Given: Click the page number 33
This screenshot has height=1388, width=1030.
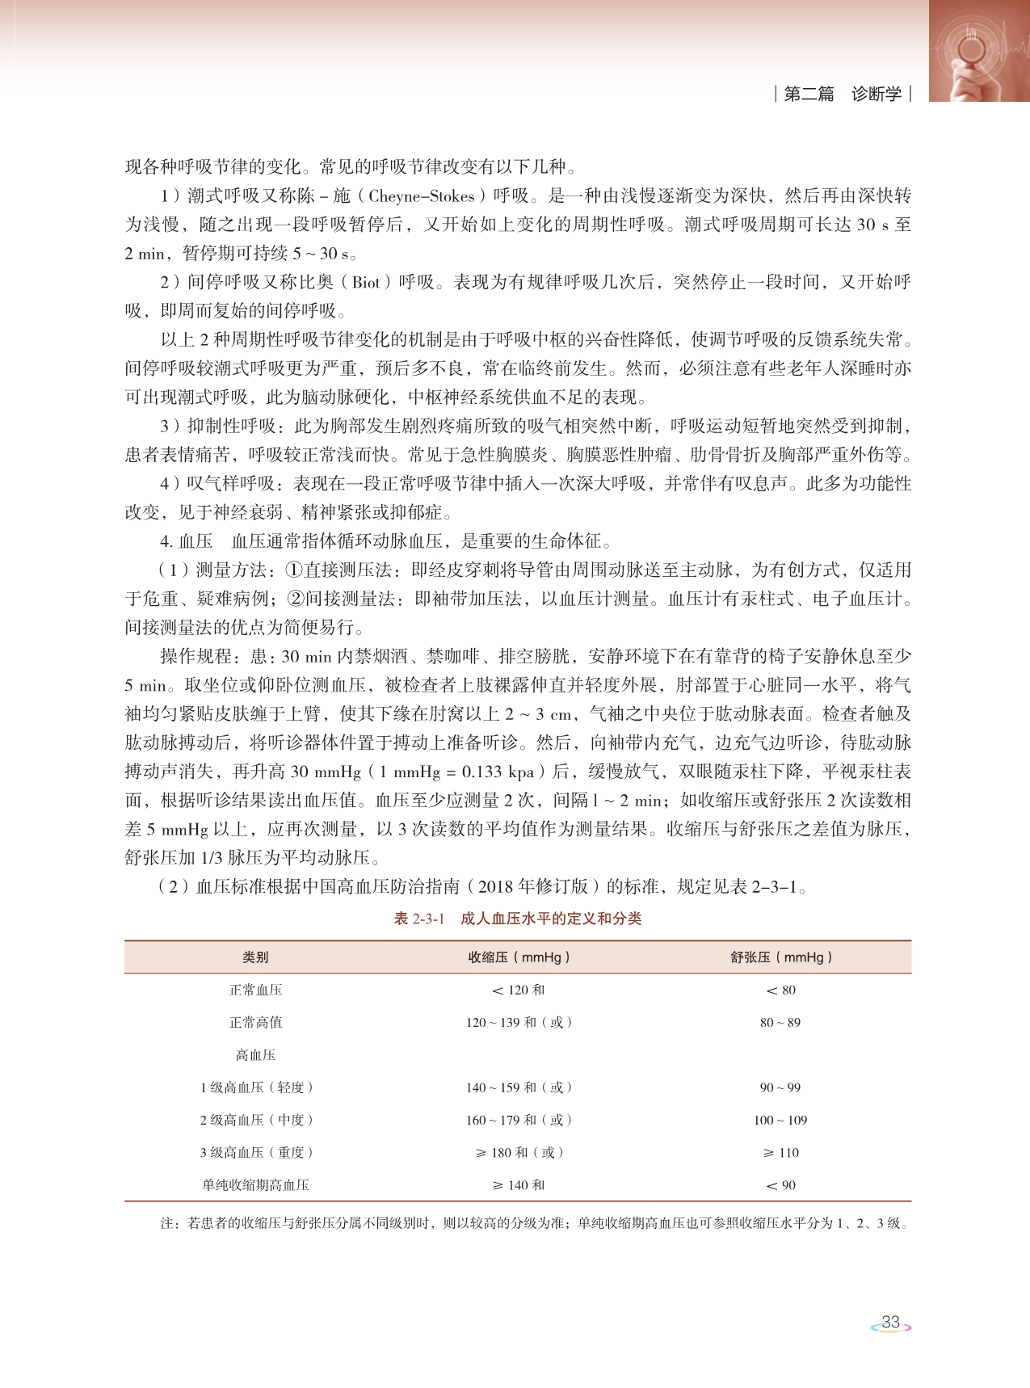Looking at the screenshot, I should [890, 1322].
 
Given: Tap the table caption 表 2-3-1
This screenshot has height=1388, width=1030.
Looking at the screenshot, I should [418, 919].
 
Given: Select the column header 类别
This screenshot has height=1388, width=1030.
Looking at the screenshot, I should [255, 957].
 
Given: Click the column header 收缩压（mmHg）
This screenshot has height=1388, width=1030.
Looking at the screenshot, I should [519, 957].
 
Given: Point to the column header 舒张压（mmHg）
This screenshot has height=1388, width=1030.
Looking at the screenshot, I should [780, 957].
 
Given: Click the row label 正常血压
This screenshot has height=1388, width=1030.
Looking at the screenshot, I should [255, 990].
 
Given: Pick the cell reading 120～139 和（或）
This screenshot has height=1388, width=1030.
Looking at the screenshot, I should [519, 1022].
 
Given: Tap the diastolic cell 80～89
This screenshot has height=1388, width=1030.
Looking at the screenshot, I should [780, 1022].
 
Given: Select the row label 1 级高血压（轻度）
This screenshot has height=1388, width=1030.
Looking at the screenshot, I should [255, 1087].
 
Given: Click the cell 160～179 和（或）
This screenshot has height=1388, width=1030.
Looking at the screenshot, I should [519, 1120].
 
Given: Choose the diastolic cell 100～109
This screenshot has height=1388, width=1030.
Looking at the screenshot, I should [780, 1120].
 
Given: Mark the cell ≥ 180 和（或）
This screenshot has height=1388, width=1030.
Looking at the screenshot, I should [519, 1152].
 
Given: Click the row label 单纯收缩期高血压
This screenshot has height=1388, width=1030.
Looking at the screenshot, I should [255, 1185].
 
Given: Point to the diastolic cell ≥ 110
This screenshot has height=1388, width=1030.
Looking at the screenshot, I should [780, 1152].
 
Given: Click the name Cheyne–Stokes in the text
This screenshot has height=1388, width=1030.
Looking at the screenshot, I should [421, 196].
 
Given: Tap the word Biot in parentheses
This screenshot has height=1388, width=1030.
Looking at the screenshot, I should [366, 283].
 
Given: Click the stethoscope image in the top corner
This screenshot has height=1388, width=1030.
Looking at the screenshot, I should [978, 50].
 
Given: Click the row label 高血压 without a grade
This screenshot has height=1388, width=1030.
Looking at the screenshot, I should [255, 1055].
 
